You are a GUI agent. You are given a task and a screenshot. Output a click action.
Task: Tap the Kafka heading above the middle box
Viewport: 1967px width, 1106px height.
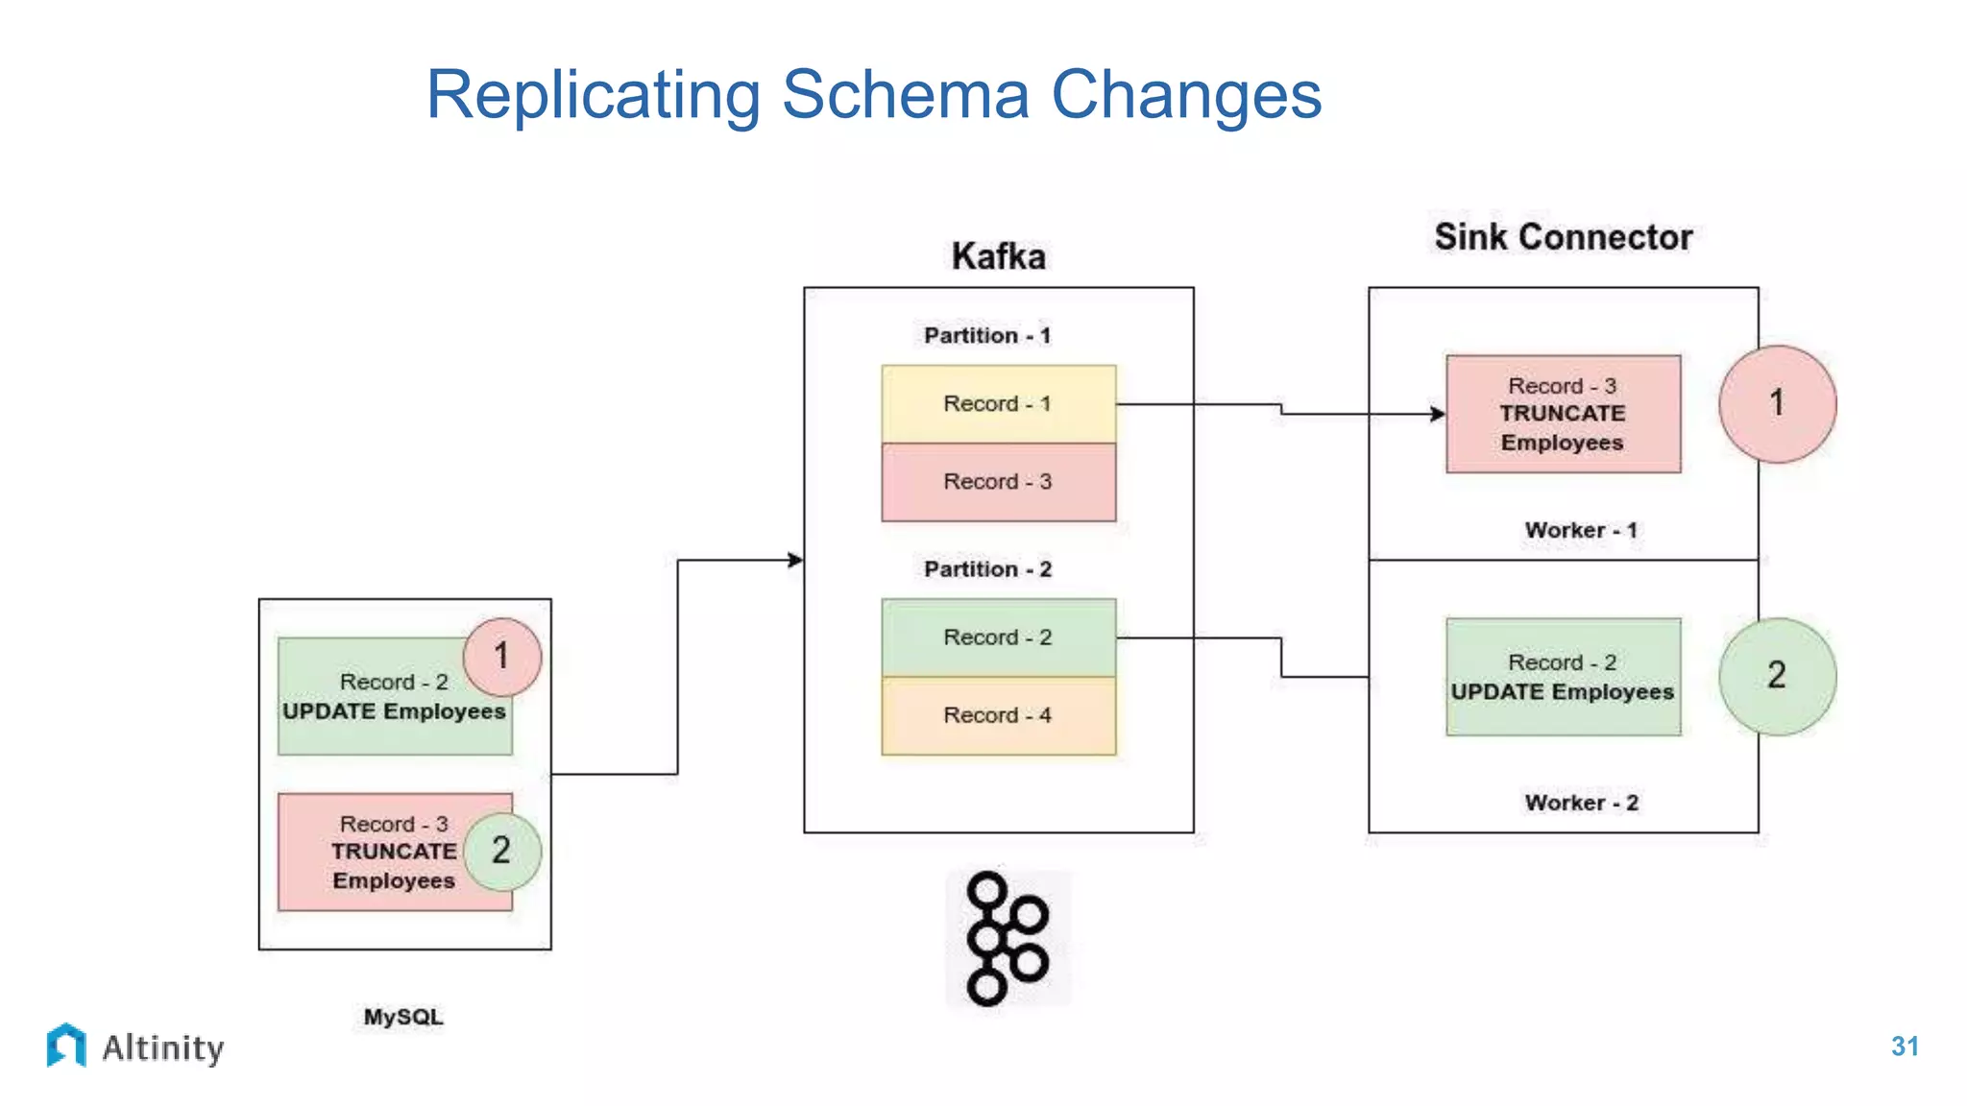pyautogui.click(x=998, y=256)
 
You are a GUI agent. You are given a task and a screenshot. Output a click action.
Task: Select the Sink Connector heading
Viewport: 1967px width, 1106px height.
pyautogui.click(x=1563, y=237)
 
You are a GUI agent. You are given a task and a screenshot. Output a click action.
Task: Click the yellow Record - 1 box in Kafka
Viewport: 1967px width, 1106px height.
pyautogui.click(x=998, y=404)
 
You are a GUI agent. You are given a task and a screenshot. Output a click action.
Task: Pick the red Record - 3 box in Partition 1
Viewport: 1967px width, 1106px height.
pyautogui.click(x=998, y=482)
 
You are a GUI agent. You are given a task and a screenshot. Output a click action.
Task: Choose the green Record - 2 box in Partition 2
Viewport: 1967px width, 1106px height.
pyautogui.click(x=998, y=637)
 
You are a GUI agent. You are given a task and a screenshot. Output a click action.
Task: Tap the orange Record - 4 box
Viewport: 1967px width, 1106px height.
pyautogui.click(x=998, y=715)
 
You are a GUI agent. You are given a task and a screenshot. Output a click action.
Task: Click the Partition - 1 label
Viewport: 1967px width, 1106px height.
pyautogui.click(x=987, y=335)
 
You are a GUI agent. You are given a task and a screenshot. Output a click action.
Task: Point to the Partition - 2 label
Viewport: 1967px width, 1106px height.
pyautogui.click(x=987, y=569)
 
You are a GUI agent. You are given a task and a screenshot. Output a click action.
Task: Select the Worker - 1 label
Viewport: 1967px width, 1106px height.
pyautogui.click(x=1581, y=530)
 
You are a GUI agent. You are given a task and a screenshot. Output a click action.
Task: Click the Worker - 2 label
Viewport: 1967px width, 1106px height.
pyautogui.click(x=1581, y=803)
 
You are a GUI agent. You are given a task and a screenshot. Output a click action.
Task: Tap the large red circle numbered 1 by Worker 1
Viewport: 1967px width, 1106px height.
pyautogui.click(x=1777, y=404)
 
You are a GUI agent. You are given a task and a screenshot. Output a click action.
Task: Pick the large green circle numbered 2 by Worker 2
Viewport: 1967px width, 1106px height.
pyautogui.click(x=1777, y=676)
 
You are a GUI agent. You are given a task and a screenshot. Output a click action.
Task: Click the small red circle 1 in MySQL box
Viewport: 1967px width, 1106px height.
pyautogui.click(x=501, y=657)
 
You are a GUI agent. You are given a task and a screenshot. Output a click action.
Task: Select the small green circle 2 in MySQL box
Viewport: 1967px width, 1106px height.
pyautogui.click(x=501, y=851)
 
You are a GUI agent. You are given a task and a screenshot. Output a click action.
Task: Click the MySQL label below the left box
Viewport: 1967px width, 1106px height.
pyautogui.click(x=403, y=1017)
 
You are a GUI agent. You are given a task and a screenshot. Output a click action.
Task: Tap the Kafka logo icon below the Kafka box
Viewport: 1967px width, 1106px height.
pyautogui.click(x=1007, y=939)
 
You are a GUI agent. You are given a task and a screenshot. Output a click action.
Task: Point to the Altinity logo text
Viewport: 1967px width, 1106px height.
pyautogui.click(x=162, y=1047)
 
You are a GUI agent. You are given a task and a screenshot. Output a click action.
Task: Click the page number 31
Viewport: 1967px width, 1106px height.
pyautogui.click(x=1904, y=1046)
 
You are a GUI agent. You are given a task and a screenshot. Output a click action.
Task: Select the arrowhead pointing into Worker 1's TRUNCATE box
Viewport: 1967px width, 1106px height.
pyautogui.click(x=1438, y=414)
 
